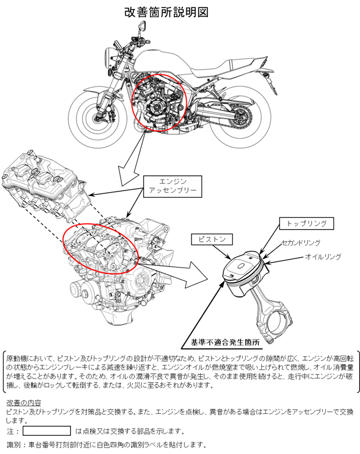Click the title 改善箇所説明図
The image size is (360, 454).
click(166, 12)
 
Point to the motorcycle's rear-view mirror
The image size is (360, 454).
click(142, 26)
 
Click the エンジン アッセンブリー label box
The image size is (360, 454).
click(173, 186)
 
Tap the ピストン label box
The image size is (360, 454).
click(212, 239)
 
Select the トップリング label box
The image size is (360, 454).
click(306, 223)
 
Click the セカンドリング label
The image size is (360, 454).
click(301, 242)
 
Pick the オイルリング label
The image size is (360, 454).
click(323, 257)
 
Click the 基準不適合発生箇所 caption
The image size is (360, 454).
click(225, 343)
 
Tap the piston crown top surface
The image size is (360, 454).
click(242, 264)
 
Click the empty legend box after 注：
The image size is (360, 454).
click(47, 431)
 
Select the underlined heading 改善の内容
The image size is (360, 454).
click(24, 403)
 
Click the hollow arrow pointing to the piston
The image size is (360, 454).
click(173, 272)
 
